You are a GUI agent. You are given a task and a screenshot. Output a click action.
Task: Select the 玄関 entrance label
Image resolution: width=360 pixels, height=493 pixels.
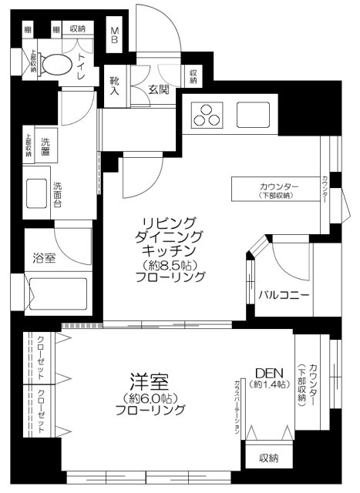coord(160,89)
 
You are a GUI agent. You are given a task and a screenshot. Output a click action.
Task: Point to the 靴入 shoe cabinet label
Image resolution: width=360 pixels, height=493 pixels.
coord(115,85)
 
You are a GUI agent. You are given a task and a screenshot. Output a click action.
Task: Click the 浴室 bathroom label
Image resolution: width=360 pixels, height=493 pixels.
coord(44,258)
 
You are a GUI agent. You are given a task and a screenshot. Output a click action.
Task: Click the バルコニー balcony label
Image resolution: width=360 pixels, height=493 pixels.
coord(284,295)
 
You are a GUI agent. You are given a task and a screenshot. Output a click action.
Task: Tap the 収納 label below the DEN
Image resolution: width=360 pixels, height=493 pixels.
coord(268,458)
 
